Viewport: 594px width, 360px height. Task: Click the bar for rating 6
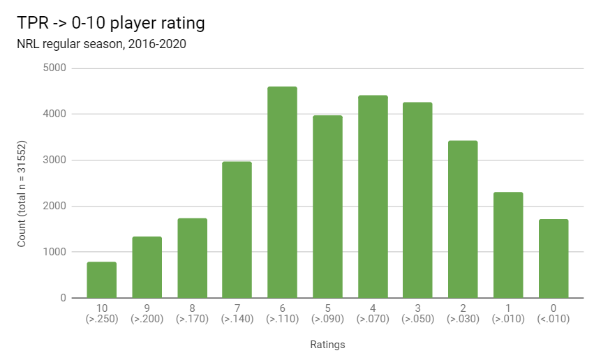coord(282,193)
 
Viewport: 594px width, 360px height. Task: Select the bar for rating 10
coord(102,280)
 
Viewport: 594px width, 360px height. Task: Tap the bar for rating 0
coord(554,259)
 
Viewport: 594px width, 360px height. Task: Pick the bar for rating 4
coord(373,197)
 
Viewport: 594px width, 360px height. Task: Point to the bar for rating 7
coord(237,230)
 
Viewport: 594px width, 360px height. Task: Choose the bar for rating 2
coord(463,219)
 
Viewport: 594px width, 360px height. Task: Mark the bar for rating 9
coord(147,267)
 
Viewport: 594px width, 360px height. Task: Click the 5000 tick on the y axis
coord(53,68)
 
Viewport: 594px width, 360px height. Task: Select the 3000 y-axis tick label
coord(53,160)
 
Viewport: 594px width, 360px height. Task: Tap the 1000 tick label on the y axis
coord(53,252)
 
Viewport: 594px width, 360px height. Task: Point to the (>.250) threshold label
coord(102,320)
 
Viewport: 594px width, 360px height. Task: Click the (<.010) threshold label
coord(554,320)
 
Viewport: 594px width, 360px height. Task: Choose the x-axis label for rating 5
coord(327,308)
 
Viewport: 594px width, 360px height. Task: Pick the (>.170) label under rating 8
coord(192,320)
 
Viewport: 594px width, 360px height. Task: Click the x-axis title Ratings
coord(327,345)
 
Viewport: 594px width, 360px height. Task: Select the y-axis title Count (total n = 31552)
coord(22,183)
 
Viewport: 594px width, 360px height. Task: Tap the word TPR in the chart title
coord(33,23)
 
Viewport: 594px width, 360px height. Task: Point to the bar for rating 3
coord(417,200)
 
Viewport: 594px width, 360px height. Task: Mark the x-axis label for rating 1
coord(508,308)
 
